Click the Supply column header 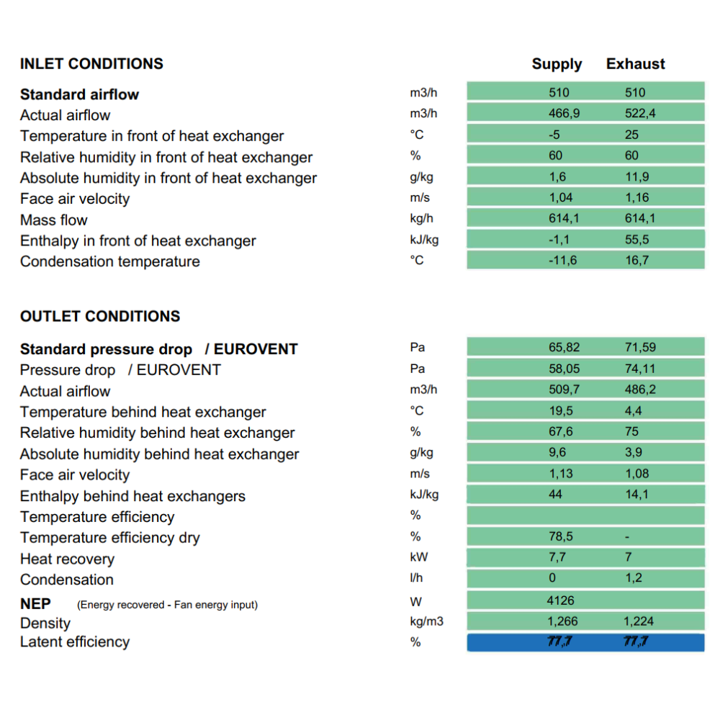[557, 64]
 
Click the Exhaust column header [636, 63]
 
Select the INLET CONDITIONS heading [91, 63]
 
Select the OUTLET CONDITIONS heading [100, 316]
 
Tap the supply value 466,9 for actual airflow [564, 113]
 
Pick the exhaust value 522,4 [640, 113]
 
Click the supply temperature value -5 [554, 135]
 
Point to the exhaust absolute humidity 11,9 [636, 176]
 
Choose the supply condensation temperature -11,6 [562, 261]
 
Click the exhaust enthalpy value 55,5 [636, 239]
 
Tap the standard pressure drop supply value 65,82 [564, 347]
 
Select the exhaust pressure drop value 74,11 [640, 368]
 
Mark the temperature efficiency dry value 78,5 [561, 536]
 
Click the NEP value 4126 [560, 600]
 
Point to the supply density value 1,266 [562, 621]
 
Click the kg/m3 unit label [426, 621]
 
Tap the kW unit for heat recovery [419, 557]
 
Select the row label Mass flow [54, 220]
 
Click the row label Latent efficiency [75, 642]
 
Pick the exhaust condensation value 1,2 [634, 577]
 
